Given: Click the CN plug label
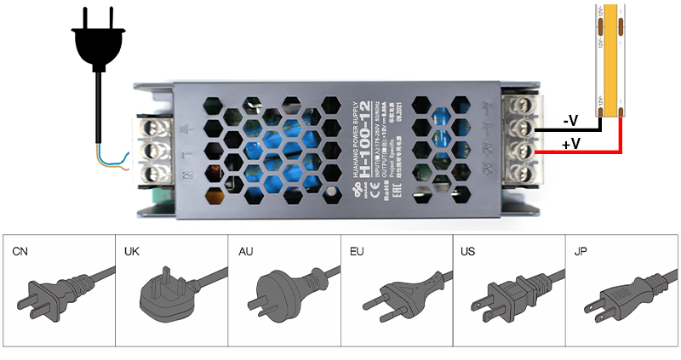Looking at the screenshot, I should tap(20, 252).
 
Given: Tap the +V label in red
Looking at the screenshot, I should tap(571, 144).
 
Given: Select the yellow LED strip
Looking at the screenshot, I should tap(611, 60).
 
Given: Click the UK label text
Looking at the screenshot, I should tap(132, 252).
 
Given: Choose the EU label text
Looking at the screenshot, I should tap(357, 252).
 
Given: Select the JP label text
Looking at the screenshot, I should tap(581, 252).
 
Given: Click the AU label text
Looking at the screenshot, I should tap(244, 252).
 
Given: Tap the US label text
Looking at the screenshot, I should tap(469, 252).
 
